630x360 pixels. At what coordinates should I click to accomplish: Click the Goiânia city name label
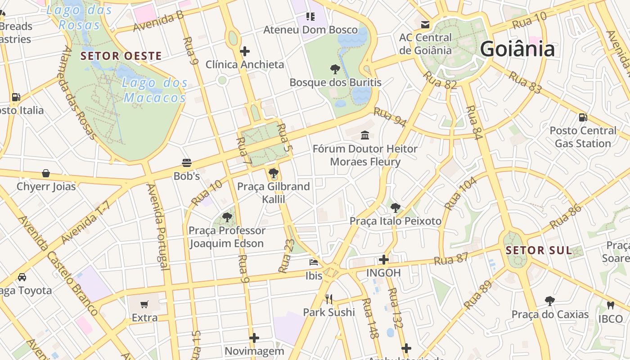[517, 49]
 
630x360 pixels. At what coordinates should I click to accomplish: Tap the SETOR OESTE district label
[121, 56]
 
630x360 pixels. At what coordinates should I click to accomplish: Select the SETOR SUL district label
[539, 251]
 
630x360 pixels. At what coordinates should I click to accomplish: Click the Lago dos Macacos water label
[155, 90]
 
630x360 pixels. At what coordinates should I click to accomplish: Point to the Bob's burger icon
[187, 162]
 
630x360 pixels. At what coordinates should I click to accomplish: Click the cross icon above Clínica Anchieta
[245, 51]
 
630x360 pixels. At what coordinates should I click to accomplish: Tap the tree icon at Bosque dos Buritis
[335, 69]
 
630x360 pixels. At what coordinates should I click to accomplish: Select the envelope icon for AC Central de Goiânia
[425, 24]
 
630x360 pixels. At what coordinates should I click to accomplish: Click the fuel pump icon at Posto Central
[583, 117]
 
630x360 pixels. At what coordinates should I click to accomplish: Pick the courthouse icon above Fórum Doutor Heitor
[365, 135]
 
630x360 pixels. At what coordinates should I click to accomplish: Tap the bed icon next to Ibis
[314, 262]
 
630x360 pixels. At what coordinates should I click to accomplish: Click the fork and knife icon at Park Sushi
[329, 299]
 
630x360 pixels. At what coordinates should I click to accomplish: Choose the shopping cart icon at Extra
[144, 305]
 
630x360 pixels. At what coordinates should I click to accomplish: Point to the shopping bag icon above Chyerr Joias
[46, 173]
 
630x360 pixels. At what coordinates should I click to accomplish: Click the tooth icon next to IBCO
[610, 305]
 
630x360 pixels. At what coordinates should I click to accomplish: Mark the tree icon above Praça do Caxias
[549, 301]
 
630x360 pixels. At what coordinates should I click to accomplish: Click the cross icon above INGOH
[383, 260]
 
